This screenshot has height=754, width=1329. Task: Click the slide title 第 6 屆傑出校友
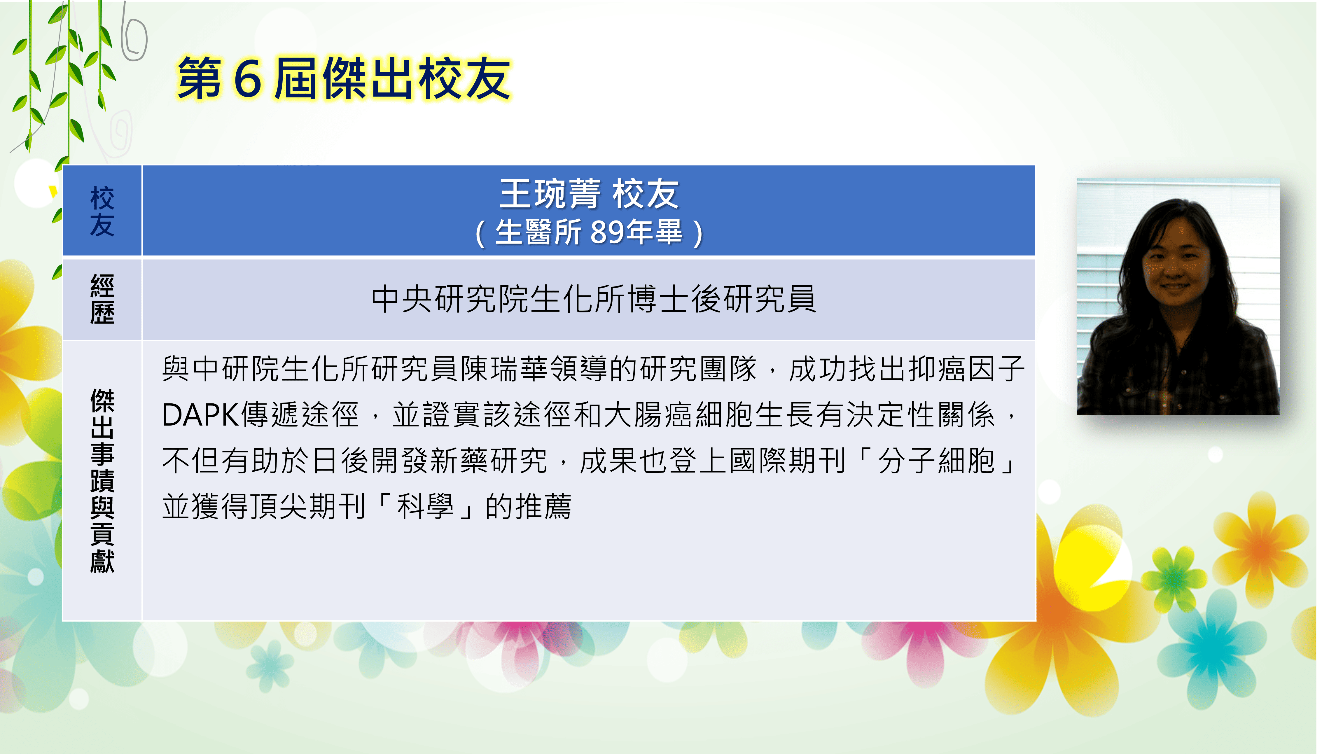pyautogui.click(x=344, y=79)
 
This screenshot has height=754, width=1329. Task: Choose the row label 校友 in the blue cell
pyautogui.click(x=102, y=211)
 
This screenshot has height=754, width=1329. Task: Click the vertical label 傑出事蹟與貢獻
pyautogui.click(x=102, y=481)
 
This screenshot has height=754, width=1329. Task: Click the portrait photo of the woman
pyautogui.click(x=1178, y=296)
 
